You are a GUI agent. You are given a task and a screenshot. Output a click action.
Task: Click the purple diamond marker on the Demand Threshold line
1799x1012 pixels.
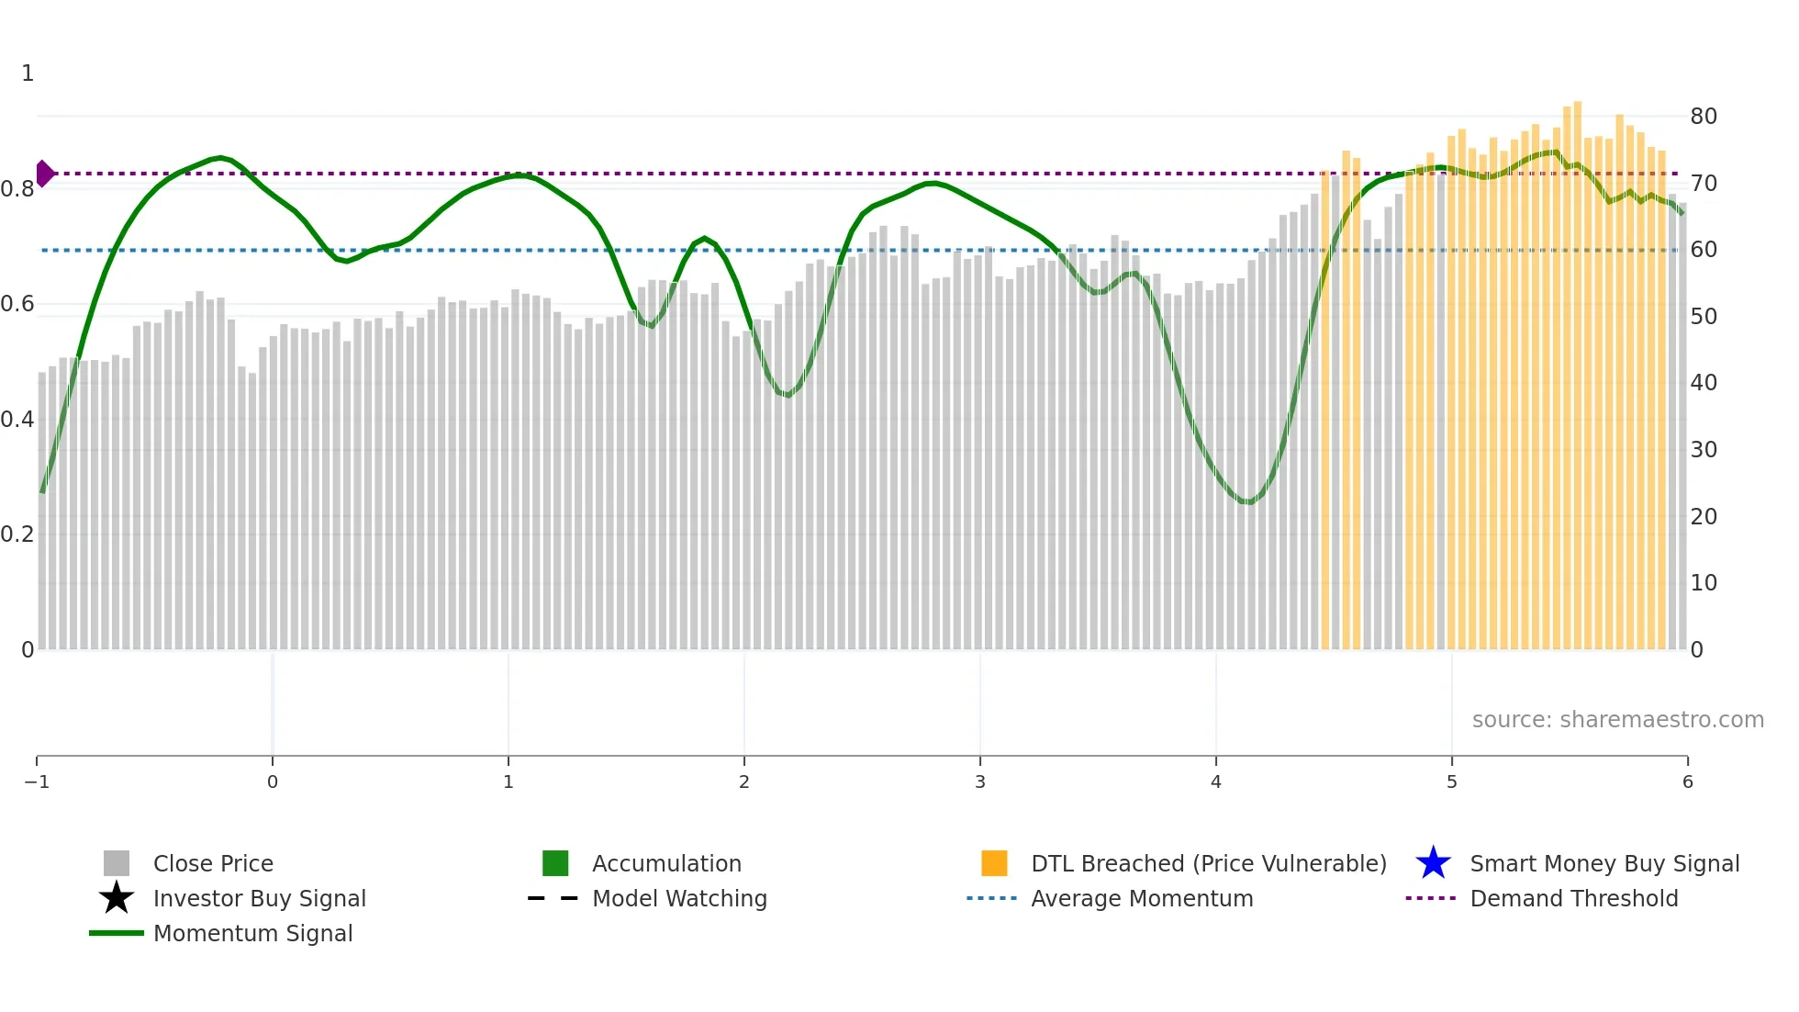click(x=44, y=173)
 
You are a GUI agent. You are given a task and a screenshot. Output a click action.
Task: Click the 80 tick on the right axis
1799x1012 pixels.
click(x=1704, y=117)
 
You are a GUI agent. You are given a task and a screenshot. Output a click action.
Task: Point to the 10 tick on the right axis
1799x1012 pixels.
click(x=1704, y=583)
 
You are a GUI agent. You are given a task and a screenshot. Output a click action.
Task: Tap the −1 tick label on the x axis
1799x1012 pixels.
click(x=37, y=781)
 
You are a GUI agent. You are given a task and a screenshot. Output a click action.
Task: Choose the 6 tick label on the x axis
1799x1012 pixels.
click(x=1687, y=781)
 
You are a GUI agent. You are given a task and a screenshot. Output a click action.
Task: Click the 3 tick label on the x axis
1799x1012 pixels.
click(x=980, y=781)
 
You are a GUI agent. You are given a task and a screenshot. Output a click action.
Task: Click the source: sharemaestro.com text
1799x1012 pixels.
click(x=1617, y=720)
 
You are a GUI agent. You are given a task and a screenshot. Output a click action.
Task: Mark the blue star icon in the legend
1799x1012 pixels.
click(x=1433, y=863)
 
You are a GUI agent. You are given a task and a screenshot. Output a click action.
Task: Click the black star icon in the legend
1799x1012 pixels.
click(x=117, y=898)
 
